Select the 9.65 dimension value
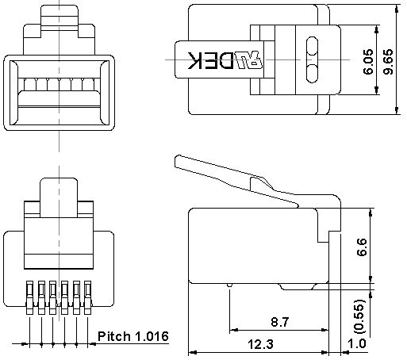coord(388,60)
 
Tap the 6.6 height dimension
coord(362,247)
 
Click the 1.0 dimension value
coord(358,344)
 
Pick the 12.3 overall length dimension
coord(255,344)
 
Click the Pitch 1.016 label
coord(133,336)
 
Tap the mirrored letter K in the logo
coord(194,60)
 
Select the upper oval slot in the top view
coord(312,45)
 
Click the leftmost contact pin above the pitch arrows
coord(30,295)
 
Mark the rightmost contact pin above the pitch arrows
coord(88,295)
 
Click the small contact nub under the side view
coord(229,285)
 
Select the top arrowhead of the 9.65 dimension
coord(397,10)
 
